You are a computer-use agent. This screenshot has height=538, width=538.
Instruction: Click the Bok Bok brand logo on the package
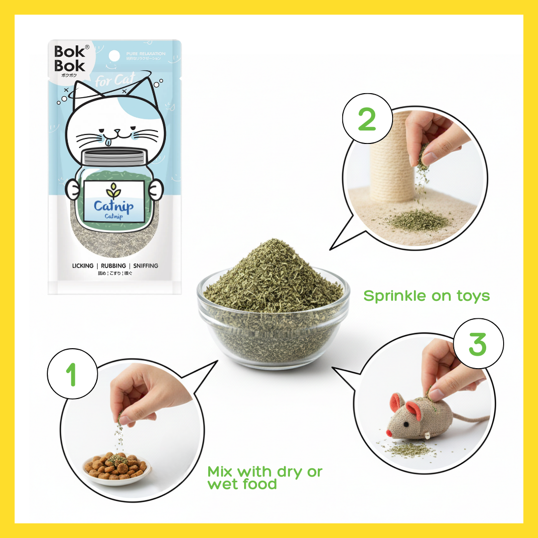69,59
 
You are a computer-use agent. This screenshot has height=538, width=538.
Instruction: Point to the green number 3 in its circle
477,344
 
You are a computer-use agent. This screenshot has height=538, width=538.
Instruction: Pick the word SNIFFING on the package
145,266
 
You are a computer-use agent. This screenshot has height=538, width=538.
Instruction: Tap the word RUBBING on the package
113,266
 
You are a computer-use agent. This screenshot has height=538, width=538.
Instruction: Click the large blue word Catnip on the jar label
113,206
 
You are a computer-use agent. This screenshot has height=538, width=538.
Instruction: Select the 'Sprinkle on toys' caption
426,296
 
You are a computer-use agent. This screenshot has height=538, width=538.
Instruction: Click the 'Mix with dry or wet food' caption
265,477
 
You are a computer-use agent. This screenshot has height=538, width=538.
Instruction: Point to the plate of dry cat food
117,467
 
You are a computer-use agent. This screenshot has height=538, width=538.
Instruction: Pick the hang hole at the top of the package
115,55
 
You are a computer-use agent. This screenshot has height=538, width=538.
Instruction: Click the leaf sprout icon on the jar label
113,191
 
